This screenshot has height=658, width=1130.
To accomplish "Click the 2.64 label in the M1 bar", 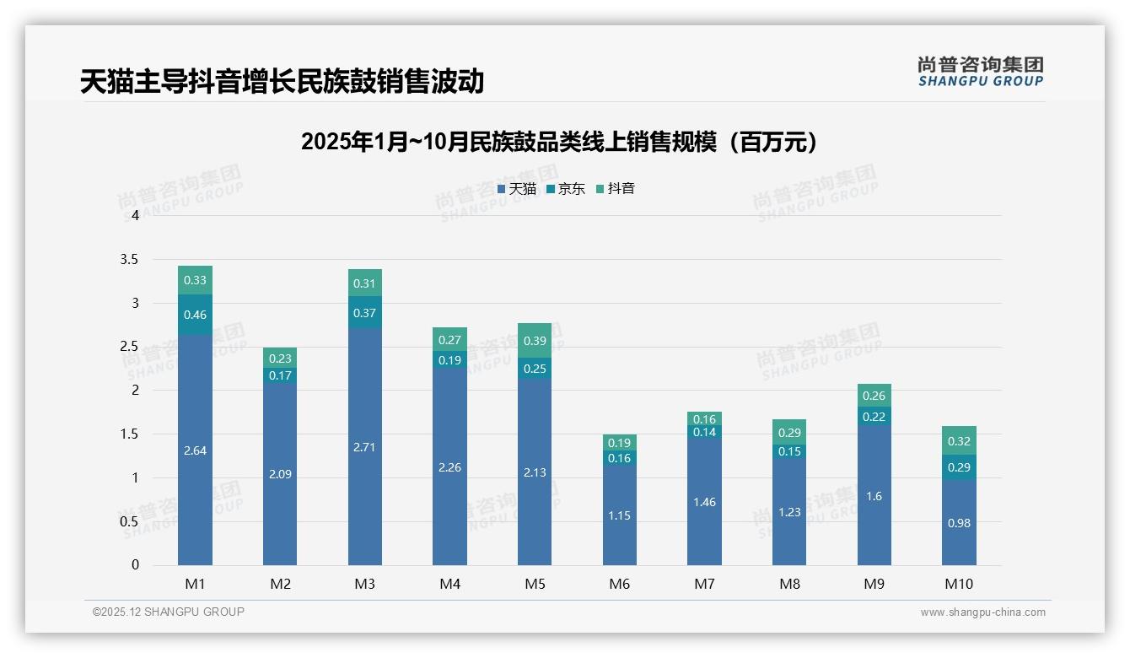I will coord(195,450).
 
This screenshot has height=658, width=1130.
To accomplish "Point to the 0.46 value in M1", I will coord(195,315).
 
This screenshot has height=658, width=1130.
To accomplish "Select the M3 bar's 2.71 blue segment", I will coord(364,447).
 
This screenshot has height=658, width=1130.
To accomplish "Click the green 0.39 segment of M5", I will coord(535,340).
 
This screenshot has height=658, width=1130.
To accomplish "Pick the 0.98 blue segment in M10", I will coord(959,523).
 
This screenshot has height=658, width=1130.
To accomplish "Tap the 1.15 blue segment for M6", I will coord(620,515).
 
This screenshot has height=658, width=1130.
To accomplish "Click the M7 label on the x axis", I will coord(704,584).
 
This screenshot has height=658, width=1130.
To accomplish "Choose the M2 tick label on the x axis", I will coord(280,584).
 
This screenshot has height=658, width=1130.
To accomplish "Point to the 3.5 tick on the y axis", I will coord(129,259).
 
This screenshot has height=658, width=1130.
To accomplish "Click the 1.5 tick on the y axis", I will coord(129,434).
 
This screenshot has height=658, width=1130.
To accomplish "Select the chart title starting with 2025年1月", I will coord(559,142).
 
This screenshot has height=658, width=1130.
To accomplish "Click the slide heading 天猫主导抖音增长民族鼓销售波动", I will coord(282,81).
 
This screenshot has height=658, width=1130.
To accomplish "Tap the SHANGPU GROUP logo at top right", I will coord(980,72).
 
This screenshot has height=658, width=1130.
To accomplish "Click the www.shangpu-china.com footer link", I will coord(982,612).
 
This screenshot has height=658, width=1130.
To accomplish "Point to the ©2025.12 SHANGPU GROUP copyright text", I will coord(168,612).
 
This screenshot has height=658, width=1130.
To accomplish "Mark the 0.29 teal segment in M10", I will coord(959,467).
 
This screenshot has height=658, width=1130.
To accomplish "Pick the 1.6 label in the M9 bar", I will coord(874,496).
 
